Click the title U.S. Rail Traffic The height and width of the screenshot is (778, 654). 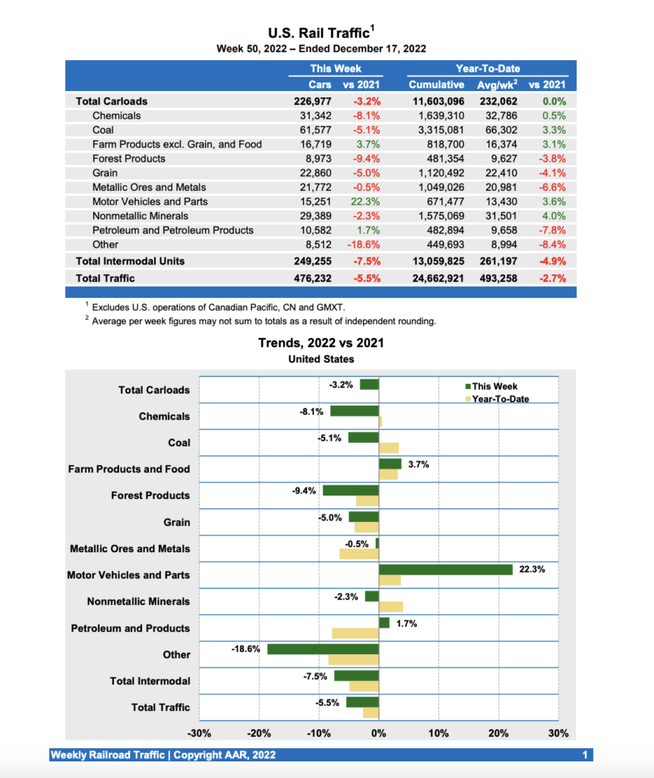click(320, 33)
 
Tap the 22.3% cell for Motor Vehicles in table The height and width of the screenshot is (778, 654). click(366, 201)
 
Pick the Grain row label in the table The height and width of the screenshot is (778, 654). click(105, 172)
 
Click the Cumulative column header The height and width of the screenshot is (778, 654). click(436, 84)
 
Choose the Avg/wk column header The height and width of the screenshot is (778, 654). click(498, 84)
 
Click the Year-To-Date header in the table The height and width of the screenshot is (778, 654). click(488, 68)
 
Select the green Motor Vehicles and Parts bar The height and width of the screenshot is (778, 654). click(446, 570)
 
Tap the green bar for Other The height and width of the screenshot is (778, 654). click(323, 649)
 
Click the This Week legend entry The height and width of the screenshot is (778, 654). click(494, 386)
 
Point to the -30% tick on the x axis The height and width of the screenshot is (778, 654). click(199, 733)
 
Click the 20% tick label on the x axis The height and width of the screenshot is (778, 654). click(498, 733)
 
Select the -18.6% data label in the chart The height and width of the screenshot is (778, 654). click(245, 649)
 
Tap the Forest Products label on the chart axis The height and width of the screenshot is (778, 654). click(150, 495)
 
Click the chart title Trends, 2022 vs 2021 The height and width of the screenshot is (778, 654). click(321, 343)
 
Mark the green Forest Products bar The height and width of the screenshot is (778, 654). click(351, 490)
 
